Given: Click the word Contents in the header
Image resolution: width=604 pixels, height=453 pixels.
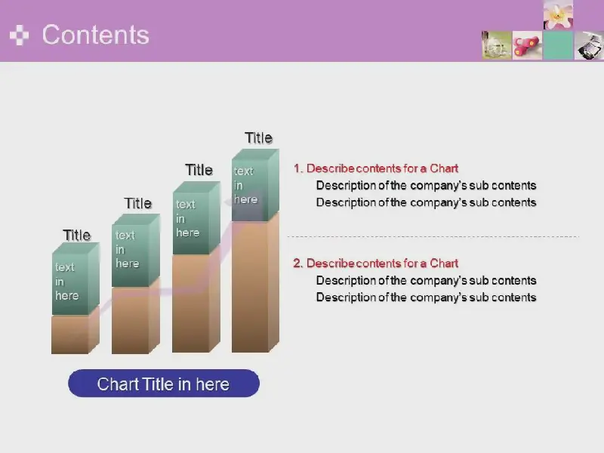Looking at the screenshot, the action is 96,35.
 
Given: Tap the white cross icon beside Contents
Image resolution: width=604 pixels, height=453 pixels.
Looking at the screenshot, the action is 20,35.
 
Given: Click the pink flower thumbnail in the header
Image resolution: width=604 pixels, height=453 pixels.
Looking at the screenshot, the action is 558,15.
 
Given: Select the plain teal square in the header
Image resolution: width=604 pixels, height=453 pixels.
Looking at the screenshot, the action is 558,45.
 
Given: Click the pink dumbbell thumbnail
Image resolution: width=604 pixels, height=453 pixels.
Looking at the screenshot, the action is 527,45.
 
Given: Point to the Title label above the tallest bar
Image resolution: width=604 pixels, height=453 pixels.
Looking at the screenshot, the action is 258,138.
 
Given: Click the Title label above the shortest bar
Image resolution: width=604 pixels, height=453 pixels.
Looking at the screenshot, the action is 77,235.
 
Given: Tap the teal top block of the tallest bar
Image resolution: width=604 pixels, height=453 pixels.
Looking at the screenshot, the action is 255,185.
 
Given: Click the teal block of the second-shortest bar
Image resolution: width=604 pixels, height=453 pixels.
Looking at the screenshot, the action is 136,250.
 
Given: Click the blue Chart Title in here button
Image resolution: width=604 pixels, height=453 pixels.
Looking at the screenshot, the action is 164,384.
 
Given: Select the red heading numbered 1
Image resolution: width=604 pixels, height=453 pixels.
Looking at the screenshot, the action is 376,168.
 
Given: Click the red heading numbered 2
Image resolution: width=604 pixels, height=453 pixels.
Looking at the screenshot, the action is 376,263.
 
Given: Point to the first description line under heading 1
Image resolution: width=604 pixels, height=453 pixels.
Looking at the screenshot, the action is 426,186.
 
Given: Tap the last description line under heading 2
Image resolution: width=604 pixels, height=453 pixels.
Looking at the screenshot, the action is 426,297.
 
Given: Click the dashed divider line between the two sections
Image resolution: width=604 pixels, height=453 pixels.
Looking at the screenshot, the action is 433,236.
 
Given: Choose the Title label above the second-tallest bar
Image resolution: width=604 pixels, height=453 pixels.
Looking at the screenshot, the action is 199,170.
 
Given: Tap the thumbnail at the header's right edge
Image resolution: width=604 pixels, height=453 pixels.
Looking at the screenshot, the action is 589,45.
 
